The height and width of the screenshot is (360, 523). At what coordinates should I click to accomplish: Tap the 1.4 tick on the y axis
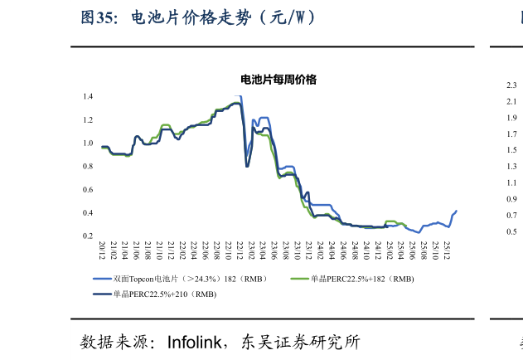click(88, 97)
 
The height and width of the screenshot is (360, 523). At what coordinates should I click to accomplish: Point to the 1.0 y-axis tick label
click(88, 144)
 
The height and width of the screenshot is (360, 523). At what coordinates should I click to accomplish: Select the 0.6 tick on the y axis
click(88, 190)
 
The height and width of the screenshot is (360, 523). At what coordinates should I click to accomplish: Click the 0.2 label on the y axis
click(88, 236)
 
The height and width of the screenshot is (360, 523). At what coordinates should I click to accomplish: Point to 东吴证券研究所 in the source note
click(299, 342)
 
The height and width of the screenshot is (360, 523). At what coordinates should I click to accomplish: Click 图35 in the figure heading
click(97, 17)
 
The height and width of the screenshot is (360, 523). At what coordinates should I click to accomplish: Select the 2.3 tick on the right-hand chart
click(511, 85)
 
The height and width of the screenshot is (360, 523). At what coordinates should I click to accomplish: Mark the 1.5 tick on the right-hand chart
click(511, 150)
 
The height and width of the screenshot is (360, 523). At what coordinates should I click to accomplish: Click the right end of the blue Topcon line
click(457, 211)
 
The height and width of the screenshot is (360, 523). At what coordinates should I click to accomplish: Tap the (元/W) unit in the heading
click(287, 17)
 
